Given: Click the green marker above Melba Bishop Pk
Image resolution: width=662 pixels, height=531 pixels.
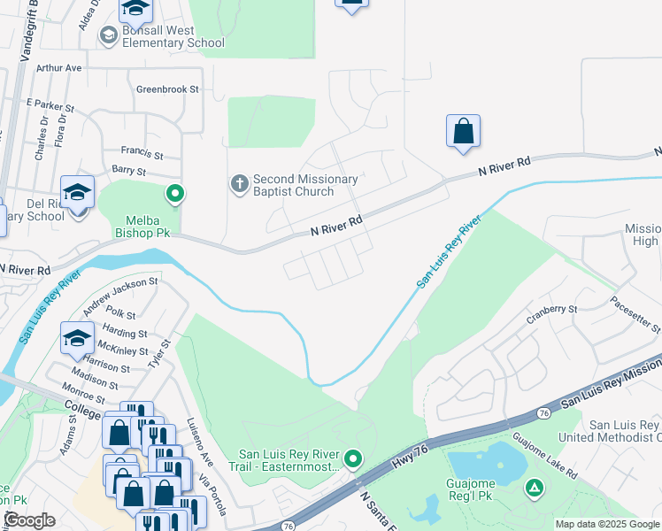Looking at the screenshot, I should pos(175,193).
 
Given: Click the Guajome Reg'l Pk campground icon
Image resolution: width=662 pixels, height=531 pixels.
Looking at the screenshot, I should pos(534,487).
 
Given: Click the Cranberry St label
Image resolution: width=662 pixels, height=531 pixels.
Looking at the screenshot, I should pos(551,310).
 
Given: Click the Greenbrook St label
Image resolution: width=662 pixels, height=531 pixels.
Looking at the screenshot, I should pos(168,89).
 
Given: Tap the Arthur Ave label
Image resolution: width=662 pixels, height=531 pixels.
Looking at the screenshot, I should pos(59,67).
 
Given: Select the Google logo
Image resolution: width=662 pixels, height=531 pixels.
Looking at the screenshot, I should pos(28,521).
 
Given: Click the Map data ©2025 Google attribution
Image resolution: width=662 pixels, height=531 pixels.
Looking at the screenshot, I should pos(607,524).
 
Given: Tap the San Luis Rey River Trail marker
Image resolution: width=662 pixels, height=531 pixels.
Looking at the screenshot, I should pos(353,458).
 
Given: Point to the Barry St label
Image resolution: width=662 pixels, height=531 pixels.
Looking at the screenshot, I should pos(127,169).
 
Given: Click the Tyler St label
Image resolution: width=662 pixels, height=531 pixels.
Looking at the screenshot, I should pos(158,354).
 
